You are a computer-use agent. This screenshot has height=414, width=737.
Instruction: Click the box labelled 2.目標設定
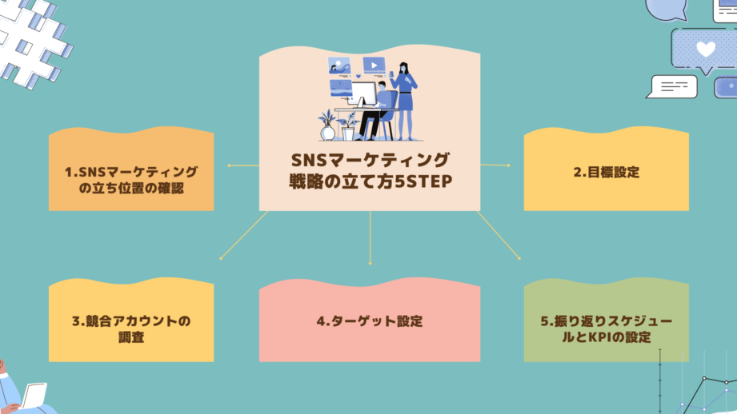pyautogui.click(x=606, y=171)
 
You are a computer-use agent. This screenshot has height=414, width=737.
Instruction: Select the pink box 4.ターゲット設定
pyautogui.click(x=369, y=322)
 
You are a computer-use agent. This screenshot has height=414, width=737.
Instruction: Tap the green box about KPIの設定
pyautogui.click(x=606, y=322)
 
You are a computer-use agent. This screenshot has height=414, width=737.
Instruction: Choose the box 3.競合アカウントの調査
pyautogui.click(x=131, y=324)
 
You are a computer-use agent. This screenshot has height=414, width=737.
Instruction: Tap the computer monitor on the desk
pyautogui.click(x=362, y=94)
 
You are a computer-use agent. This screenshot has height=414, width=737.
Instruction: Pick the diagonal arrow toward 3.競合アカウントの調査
pyautogui.click(x=242, y=236)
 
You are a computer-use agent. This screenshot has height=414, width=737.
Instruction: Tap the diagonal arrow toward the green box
pyautogui.click(x=499, y=236)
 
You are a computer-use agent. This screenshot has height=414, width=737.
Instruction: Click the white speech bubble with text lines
pyautogui.click(x=673, y=86)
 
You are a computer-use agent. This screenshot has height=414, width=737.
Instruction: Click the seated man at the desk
pyautogui.click(x=380, y=108)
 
